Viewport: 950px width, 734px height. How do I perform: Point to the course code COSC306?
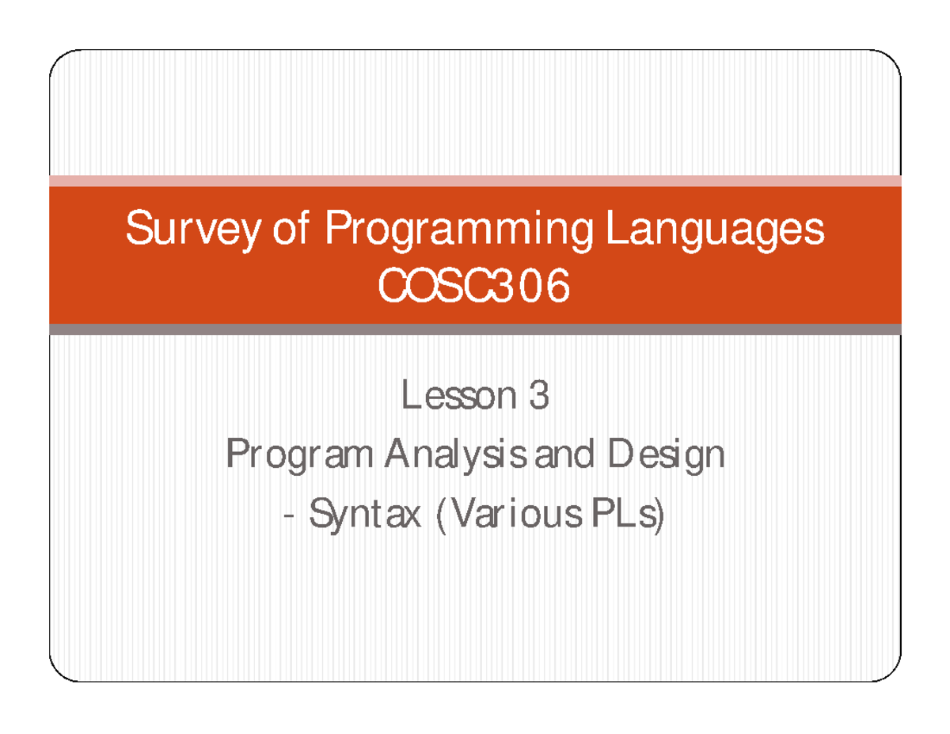474,287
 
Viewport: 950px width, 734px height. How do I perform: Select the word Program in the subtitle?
300,456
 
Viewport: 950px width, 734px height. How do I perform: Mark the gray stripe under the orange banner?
475,329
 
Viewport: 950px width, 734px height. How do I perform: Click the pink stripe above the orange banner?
475,181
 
